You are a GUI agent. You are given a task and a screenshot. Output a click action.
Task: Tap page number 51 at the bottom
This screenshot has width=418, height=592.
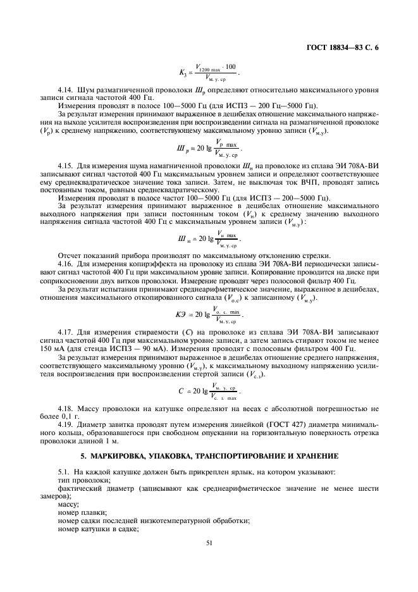pyautogui.click(x=209, y=542)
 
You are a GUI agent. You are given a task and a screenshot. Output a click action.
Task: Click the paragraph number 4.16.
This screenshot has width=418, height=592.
pyautogui.click(x=65, y=261)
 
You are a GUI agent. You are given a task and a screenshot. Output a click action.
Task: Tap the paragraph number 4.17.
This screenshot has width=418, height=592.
pyautogui.click(x=65, y=330)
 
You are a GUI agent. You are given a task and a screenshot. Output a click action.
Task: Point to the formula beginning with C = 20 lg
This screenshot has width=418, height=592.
pyautogui.click(x=209, y=391)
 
